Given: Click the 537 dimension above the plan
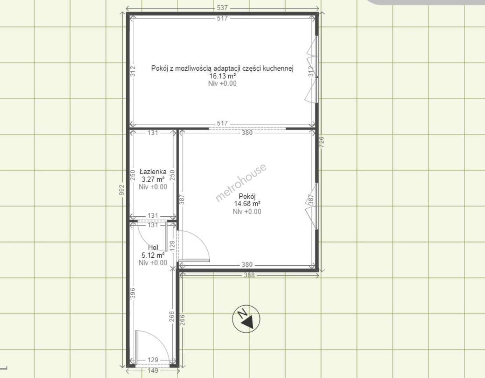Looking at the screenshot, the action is point(222,8).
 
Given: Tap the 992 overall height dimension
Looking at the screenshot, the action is point(122,190).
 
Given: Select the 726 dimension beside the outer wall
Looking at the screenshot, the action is point(321,142).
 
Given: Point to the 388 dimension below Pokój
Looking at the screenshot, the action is point(249,275).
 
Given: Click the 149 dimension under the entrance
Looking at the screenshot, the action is point(153,370).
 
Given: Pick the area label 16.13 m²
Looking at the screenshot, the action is point(222,76).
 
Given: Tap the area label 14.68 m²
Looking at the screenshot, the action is point(247,204).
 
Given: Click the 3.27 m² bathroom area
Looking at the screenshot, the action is point(153,179).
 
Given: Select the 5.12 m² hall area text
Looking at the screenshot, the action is point(153,255).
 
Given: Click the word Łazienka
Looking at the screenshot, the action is point(153,172).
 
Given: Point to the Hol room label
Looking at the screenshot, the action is point(153,247).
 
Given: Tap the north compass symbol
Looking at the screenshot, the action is point(246,319).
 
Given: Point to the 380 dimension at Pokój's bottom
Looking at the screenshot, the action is point(247,265).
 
